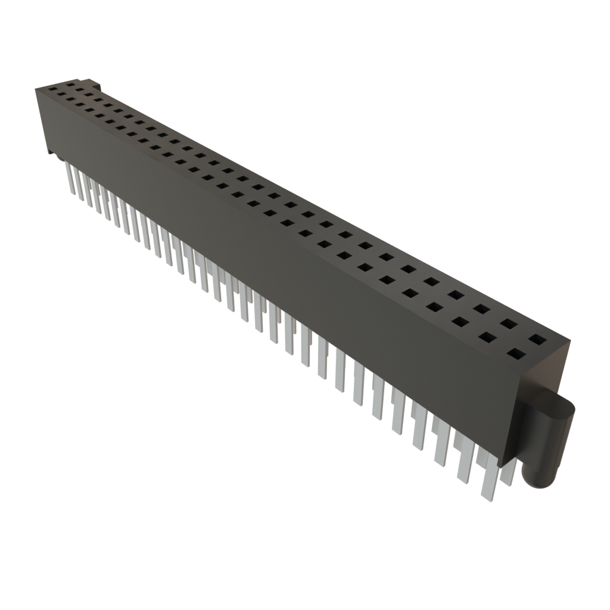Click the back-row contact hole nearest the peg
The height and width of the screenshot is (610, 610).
[537, 340]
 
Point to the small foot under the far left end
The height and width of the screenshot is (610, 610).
[51, 154]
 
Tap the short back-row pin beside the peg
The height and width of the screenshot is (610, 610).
[508, 474]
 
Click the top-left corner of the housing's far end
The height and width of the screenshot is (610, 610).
[36, 88]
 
